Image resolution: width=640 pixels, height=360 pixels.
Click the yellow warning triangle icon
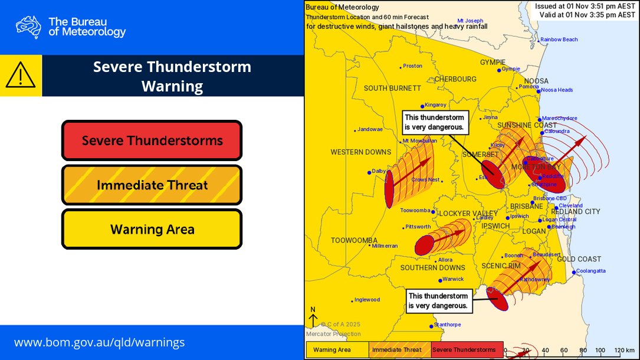coord(21,76)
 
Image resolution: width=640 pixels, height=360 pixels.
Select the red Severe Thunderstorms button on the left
coord(152,140)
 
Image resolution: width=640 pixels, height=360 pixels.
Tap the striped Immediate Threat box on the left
coord(152,185)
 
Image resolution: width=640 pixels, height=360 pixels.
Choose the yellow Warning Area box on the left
coord(152,229)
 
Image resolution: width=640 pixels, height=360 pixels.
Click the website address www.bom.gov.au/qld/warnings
coord(99,342)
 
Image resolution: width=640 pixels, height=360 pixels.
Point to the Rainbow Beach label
coord(559,40)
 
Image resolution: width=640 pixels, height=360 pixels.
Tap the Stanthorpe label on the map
coord(448,325)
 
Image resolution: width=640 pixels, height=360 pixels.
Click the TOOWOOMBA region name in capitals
coord(353,240)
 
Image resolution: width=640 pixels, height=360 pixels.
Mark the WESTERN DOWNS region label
coord(360,152)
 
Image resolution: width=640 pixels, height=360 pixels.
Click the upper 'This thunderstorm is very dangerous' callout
coord(434,122)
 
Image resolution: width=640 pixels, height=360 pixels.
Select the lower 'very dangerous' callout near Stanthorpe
coord(438,301)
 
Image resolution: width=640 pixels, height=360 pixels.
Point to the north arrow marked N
coord(313,316)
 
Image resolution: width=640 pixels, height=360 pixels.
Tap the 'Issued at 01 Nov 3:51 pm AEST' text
coord(585,6)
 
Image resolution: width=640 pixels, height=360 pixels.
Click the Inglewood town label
coord(367,300)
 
